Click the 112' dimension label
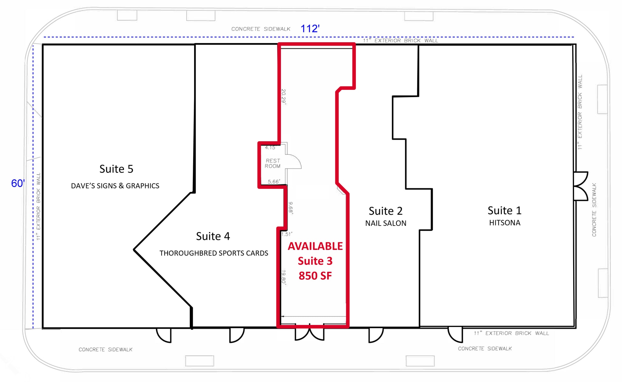(310, 29)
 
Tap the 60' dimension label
(18, 183)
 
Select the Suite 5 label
(116, 169)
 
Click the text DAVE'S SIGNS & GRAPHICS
(115, 186)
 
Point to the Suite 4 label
(213, 236)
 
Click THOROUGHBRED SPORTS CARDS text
(214, 253)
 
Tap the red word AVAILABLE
(315, 246)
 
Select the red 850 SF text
(315, 276)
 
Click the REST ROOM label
(272, 163)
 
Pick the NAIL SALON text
(386, 223)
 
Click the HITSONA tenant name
(505, 223)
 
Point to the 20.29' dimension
(283, 97)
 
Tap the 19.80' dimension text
(284, 277)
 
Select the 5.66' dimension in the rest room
(274, 182)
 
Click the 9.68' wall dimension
(291, 208)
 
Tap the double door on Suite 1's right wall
(581, 186)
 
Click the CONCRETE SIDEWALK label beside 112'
(261, 29)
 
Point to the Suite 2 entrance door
(375, 335)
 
